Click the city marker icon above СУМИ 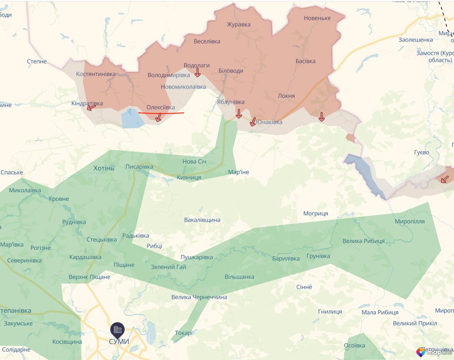pyautogui.click(x=117, y=330)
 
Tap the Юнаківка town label pyautogui.click(x=269, y=122)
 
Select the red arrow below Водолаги pyautogui.click(x=198, y=73)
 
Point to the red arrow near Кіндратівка pyautogui.click(x=91, y=107)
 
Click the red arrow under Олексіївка pyautogui.click(x=159, y=117)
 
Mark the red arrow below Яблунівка pyautogui.click(x=239, y=114)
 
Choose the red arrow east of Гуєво pyautogui.click(x=444, y=179)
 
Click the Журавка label pyautogui.click(x=239, y=24)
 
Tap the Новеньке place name pyautogui.click(x=317, y=18)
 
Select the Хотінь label pyautogui.click(x=104, y=168)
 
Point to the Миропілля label pyautogui.click(x=410, y=221)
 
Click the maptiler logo pyautogui.click(x=434, y=352)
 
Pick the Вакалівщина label pyautogui.click(x=202, y=220)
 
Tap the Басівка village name pyautogui.click(x=305, y=61)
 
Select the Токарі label pyautogui.click(x=184, y=333)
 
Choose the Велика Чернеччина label pyautogui.click(x=199, y=297)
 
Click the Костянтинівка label pyautogui.click(x=96, y=74)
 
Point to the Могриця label pyautogui.click(x=316, y=213)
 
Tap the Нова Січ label pyautogui.click(x=194, y=162)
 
